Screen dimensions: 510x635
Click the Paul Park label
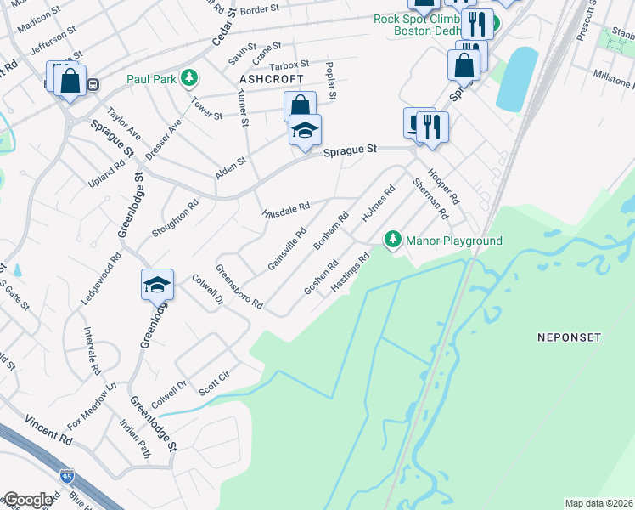pyautogui.click(x=151, y=79)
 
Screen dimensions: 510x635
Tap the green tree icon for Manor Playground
pyautogui.click(x=392, y=241)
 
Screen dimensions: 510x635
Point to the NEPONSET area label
pyautogui.click(x=569, y=337)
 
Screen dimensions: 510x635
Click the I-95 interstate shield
pyautogui.click(x=67, y=476)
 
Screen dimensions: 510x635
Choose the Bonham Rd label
pyautogui.click(x=332, y=230)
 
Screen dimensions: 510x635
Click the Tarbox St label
pyautogui.click(x=289, y=65)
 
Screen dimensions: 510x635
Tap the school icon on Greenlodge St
pyautogui.click(x=158, y=285)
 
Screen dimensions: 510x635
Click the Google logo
pyautogui.click(x=28, y=500)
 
